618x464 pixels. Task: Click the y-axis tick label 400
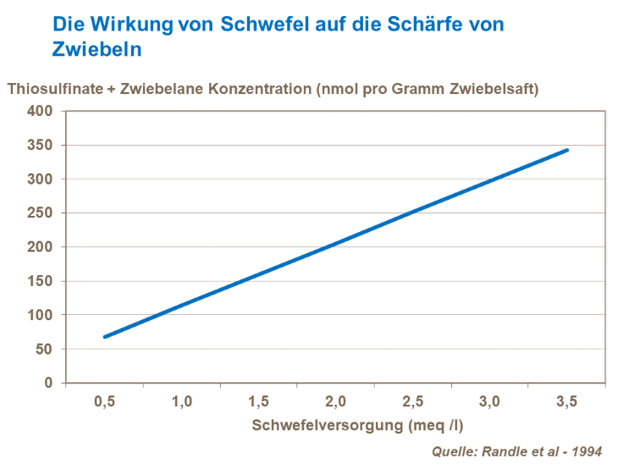pyautogui.click(x=41, y=111)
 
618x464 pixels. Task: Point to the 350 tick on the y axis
pyautogui.click(x=41, y=145)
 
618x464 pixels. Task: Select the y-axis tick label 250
pyautogui.click(x=41, y=213)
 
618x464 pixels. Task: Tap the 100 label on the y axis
pyautogui.click(x=41, y=315)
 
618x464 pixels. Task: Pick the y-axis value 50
pyautogui.click(x=44, y=349)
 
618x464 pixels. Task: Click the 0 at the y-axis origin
pyautogui.click(x=48, y=383)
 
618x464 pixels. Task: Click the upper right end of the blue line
pyautogui.click(x=567, y=150)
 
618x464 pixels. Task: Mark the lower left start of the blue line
pyautogui.click(x=105, y=337)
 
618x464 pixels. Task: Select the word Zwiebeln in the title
pyautogui.click(x=97, y=49)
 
